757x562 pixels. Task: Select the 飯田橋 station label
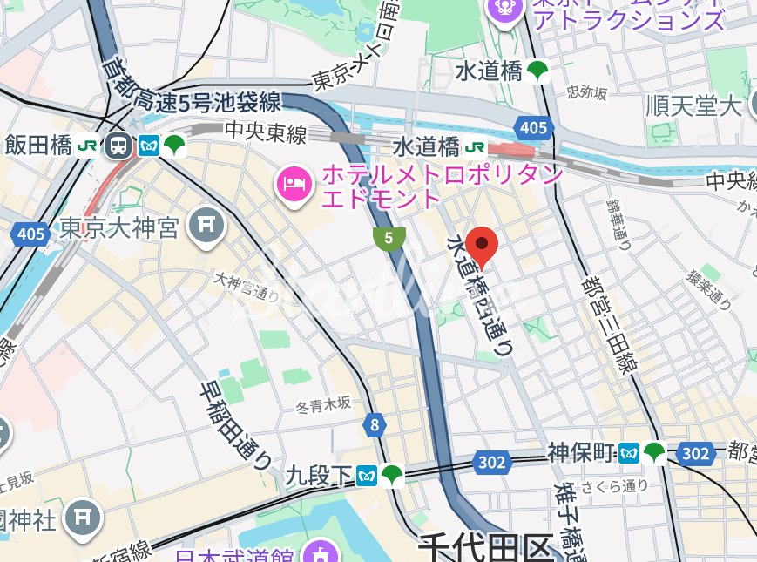(x=38, y=146)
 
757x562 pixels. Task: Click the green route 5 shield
(x=389, y=237)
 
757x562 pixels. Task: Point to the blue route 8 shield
(x=375, y=425)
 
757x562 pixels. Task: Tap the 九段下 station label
(x=319, y=476)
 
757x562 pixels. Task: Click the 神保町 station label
(x=581, y=453)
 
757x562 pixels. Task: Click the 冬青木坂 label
(x=321, y=403)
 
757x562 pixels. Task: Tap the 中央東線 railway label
(x=266, y=133)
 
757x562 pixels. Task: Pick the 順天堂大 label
(x=693, y=106)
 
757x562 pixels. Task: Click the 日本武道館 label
(x=235, y=554)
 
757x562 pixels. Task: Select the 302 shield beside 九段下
(x=491, y=463)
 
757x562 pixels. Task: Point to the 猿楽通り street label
(x=707, y=289)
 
